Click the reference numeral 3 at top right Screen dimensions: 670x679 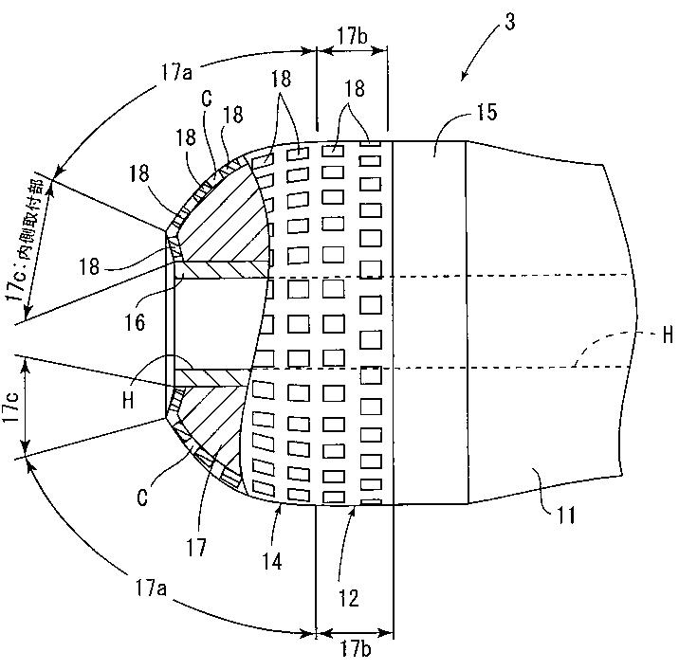point(510,23)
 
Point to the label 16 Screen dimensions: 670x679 point(136,323)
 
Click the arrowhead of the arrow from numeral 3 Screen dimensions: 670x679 point(462,78)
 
